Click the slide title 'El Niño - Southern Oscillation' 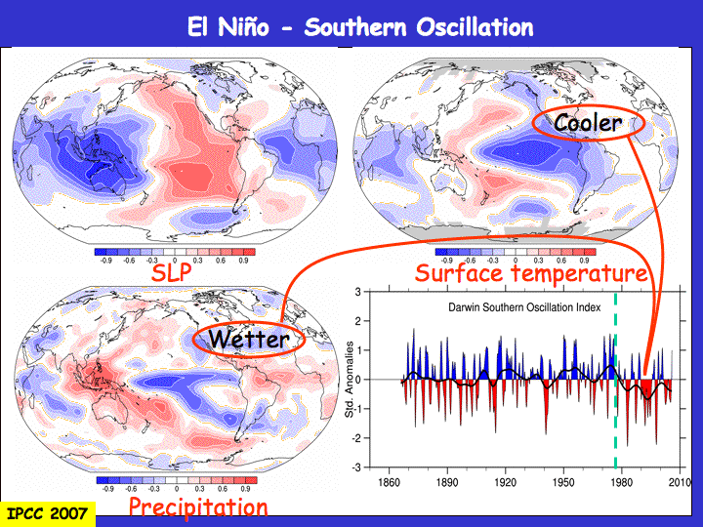pyautogui.click(x=360, y=26)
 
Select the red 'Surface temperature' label pyautogui.click(x=531, y=272)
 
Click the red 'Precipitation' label pyautogui.click(x=198, y=507)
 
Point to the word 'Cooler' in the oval pyautogui.click(x=587, y=123)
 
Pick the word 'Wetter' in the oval pyautogui.click(x=249, y=340)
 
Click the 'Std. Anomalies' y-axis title pyautogui.click(x=350, y=380)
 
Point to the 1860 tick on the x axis pyautogui.click(x=390, y=483)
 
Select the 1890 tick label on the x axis pyautogui.click(x=447, y=483)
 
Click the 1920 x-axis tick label pyautogui.click(x=506, y=483)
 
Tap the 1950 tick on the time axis pyautogui.click(x=563, y=483)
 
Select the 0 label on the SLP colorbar pyautogui.click(x=175, y=262)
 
